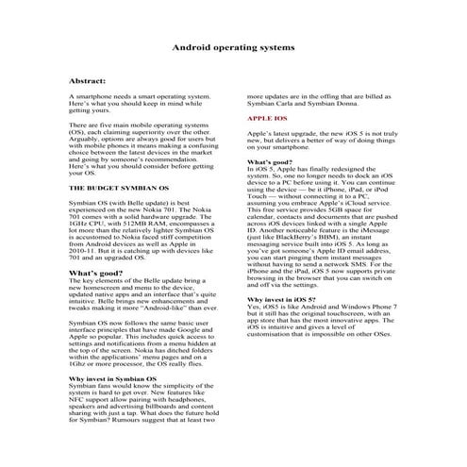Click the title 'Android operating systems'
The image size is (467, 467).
[x=233, y=45]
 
